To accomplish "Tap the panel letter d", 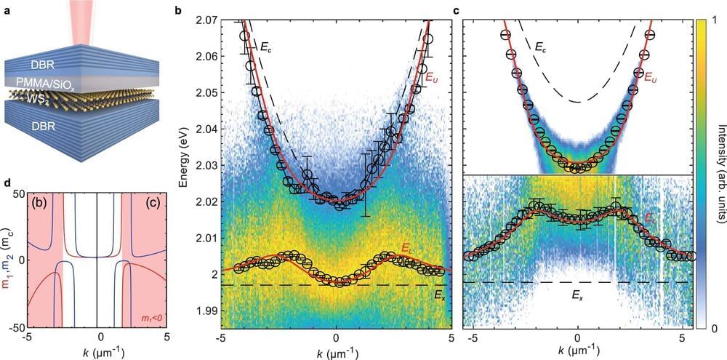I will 6,182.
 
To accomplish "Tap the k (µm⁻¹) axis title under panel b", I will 335,353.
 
